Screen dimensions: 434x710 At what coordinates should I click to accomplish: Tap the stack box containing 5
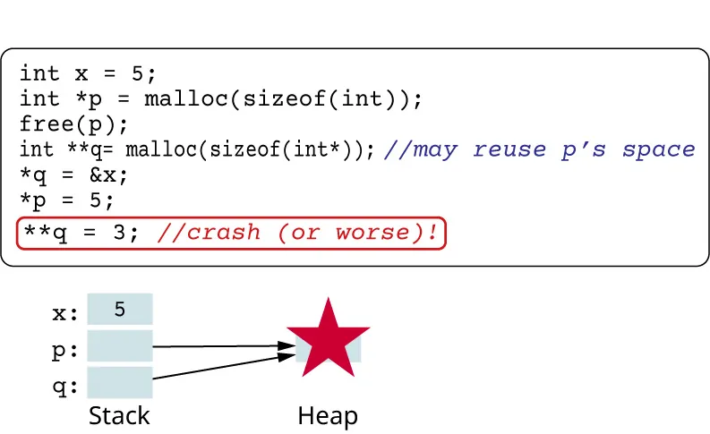point(120,310)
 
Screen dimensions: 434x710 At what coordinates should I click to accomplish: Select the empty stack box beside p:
point(120,347)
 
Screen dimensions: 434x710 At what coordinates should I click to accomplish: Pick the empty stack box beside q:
point(120,383)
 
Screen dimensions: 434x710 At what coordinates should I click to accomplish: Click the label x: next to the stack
point(65,313)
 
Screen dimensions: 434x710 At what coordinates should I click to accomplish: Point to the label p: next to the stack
point(65,351)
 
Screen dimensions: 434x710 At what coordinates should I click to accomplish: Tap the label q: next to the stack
point(65,387)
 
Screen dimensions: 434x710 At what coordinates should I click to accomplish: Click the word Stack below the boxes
point(119,416)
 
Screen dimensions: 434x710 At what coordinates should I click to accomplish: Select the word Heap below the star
point(328,416)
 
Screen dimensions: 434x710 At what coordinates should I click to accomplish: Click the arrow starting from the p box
point(224,345)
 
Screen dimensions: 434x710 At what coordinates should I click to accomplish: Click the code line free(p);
point(74,123)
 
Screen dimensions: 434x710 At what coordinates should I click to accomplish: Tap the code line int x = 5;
point(88,73)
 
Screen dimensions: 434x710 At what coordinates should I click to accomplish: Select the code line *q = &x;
point(74,174)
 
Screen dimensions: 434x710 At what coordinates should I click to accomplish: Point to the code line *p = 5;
point(67,199)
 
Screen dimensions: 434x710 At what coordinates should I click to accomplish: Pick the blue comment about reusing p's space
point(539,149)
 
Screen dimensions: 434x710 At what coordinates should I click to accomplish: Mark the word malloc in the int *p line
point(187,98)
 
